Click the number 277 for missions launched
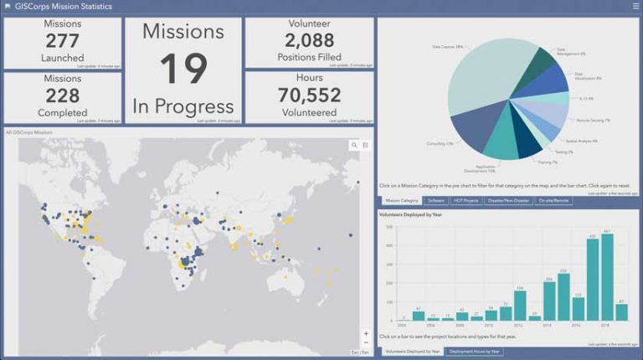pos(63,41)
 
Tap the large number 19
pos(183,69)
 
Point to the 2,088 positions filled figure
pos(309,40)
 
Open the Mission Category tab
pos(401,201)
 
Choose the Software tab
pos(435,201)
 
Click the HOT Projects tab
pos(466,201)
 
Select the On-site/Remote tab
pos(553,201)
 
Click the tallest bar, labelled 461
pos(607,277)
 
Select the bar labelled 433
pos(592,280)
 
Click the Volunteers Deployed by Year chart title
pos(409,215)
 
